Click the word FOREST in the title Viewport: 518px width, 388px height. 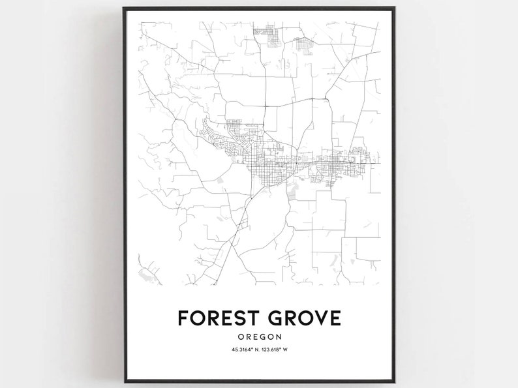pyautogui.click(x=219, y=318)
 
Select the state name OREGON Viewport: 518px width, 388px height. pyautogui.click(x=260, y=336)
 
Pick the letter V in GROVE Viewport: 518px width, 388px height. pyautogui.click(x=316, y=318)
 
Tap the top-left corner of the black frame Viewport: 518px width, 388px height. pyautogui.click(x=124, y=8)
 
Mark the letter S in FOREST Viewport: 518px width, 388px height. pyautogui.click(x=237, y=318)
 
